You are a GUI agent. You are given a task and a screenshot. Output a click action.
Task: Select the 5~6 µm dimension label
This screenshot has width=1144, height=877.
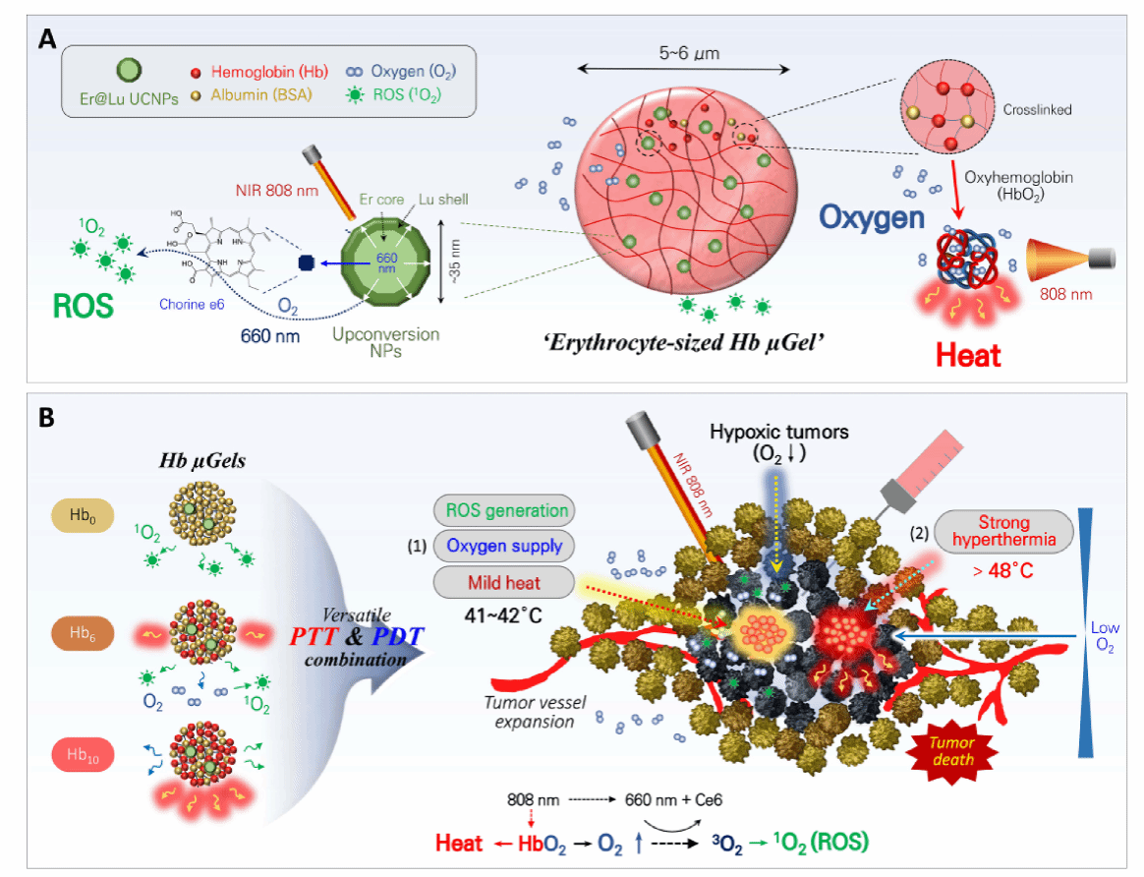coord(683,53)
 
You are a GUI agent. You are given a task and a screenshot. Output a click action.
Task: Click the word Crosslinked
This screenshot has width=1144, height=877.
coord(1040,110)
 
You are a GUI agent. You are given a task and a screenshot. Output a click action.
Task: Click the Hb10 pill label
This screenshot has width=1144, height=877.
coord(86,757)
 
